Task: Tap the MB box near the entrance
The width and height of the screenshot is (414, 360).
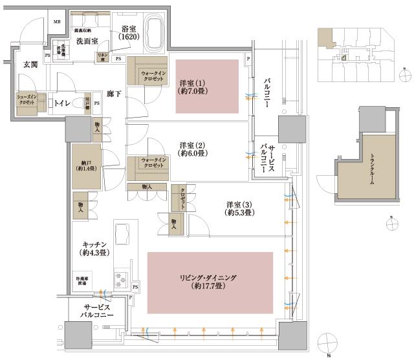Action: tap(57, 22)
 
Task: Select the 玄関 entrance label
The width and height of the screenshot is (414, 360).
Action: tap(30, 64)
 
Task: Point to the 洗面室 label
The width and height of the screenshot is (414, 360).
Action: tap(86, 41)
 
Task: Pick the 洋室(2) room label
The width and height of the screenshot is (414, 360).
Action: tap(193, 150)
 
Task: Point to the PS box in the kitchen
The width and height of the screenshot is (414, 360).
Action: tap(136, 286)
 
